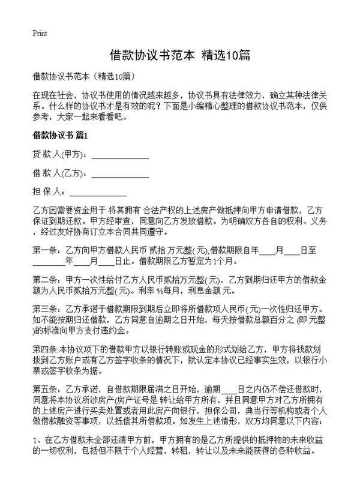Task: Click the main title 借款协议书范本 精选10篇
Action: point(180,55)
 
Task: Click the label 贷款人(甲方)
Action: point(59,154)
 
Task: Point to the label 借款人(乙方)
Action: point(59,174)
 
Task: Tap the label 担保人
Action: point(49,193)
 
